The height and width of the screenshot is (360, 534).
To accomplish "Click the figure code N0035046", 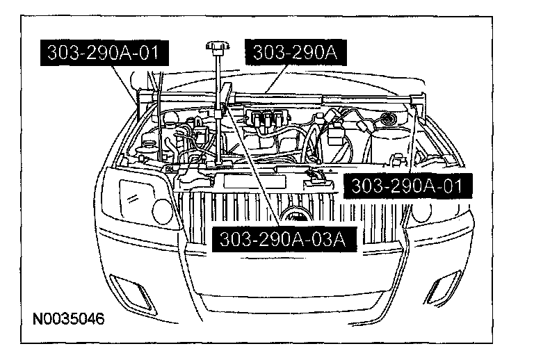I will [x=69, y=320].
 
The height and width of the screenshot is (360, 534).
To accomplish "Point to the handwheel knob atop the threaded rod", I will [x=217, y=49].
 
